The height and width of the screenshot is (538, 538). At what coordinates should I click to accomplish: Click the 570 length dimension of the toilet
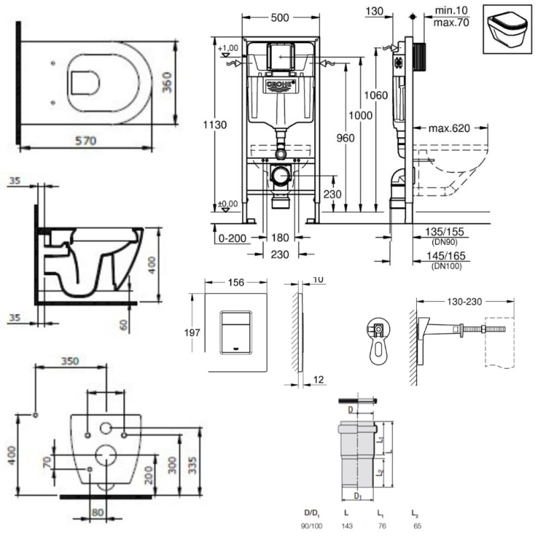(x=87, y=141)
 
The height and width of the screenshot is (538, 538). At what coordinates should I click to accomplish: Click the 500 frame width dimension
(x=280, y=19)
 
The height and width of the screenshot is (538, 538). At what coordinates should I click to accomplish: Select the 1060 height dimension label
(x=377, y=95)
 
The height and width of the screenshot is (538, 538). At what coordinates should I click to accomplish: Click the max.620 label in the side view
(x=449, y=128)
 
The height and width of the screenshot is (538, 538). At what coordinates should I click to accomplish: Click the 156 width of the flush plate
(x=235, y=283)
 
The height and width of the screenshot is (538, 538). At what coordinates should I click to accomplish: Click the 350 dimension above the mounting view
(x=71, y=360)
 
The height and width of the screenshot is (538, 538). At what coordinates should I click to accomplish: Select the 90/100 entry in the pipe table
(x=309, y=525)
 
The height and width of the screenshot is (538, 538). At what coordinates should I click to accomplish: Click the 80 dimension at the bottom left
(x=98, y=512)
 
